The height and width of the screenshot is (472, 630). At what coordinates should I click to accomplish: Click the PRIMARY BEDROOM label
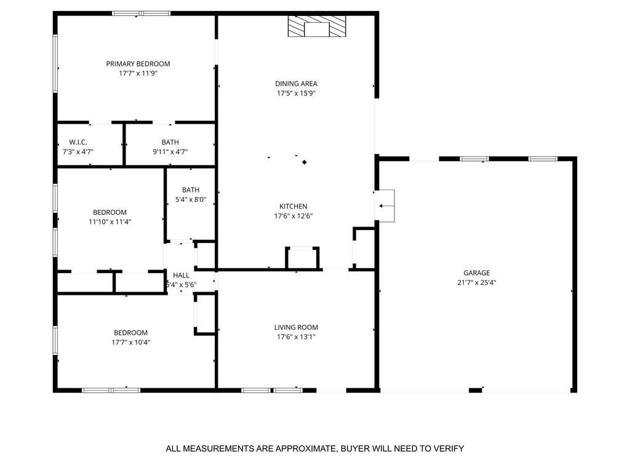point(138,63)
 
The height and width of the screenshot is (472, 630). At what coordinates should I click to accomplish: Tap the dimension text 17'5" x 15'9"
point(296,94)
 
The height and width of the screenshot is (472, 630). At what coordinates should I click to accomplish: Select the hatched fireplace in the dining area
point(317,26)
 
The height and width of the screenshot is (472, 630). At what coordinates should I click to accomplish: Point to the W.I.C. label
point(78,142)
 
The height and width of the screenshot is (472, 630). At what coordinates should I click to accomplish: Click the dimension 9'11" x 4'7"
point(170,151)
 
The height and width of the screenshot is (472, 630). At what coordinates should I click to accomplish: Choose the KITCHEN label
point(293,206)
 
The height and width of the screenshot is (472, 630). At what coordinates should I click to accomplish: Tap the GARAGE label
point(477,273)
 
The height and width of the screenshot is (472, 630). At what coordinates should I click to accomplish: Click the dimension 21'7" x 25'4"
point(477,282)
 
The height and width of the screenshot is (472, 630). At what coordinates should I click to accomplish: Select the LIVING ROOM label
point(296,327)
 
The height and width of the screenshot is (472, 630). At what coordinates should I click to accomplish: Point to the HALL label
point(181,275)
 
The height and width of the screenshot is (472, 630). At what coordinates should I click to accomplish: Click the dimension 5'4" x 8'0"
point(191,199)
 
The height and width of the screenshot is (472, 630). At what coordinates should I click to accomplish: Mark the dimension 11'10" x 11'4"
point(110,222)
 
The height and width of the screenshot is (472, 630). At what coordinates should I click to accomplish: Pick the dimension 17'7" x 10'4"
point(130,342)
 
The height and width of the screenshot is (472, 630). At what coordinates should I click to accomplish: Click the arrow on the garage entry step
point(386,206)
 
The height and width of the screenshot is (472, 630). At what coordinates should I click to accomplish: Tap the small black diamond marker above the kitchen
point(305,162)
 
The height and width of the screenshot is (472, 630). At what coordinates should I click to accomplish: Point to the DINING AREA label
point(296,84)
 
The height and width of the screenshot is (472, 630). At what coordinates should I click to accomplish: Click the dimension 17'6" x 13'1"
point(296,337)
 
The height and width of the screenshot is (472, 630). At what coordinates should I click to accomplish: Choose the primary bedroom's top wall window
point(141,14)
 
